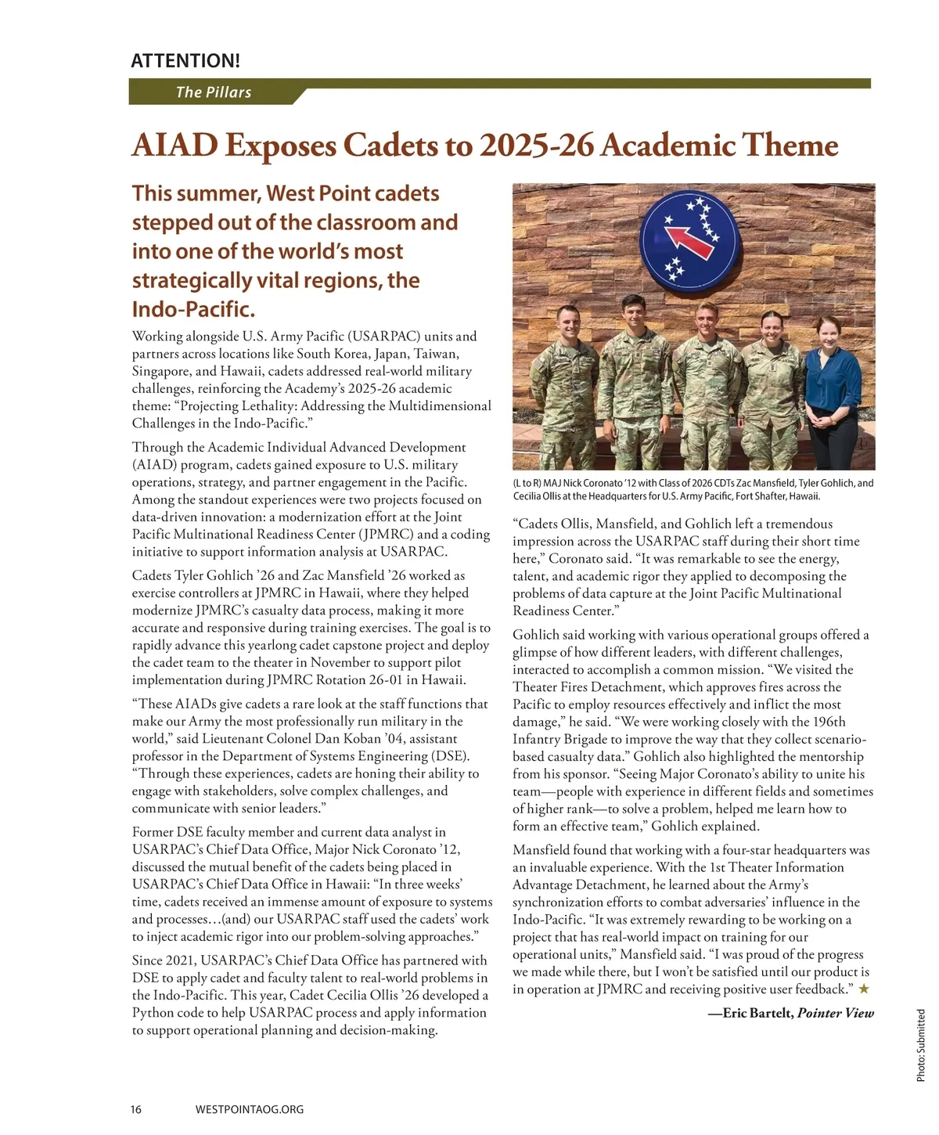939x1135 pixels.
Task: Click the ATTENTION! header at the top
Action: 185,60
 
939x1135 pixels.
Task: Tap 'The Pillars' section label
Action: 213,92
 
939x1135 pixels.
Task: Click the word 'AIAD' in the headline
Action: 174,146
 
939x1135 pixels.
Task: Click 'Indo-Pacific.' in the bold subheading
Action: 193,309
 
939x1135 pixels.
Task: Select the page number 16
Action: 136,1109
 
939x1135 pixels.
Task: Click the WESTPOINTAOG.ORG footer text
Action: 249,1109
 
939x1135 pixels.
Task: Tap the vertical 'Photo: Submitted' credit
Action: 921,1046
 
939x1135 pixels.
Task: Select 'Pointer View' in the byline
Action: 835,1014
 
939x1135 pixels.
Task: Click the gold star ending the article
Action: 864,989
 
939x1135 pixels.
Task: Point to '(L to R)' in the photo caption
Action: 528,483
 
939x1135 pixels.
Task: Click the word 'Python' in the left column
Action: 153,1013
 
